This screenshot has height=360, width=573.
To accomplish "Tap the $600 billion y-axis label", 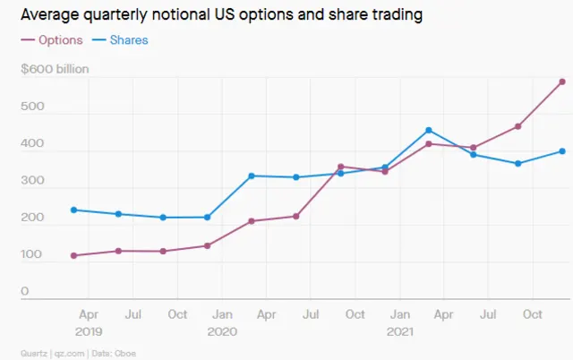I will pyautogui.click(x=55, y=69).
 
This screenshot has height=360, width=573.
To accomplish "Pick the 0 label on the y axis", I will pyautogui.click(x=24, y=291).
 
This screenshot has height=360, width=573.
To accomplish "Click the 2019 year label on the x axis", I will pyautogui.click(x=90, y=330).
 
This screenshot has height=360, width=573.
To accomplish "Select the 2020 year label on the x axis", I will pyautogui.click(x=222, y=330).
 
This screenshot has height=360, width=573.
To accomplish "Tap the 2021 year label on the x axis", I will pyautogui.click(x=399, y=330).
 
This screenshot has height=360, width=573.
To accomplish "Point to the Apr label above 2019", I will pyautogui.click(x=90, y=314).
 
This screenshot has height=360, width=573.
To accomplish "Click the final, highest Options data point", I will pyautogui.click(x=561, y=81).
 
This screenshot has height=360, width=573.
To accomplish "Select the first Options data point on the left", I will pyautogui.click(x=73, y=255).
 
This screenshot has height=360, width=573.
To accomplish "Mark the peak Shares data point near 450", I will pyautogui.click(x=429, y=131).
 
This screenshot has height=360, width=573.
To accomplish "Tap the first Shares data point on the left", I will pyautogui.click(x=73, y=210).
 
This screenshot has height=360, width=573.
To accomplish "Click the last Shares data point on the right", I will pyautogui.click(x=561, y=150).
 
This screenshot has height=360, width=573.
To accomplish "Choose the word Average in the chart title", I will pyautogui.click(x=48, y=15).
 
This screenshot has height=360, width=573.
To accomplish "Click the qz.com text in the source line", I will pyautogui.click(x=71, y=352).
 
